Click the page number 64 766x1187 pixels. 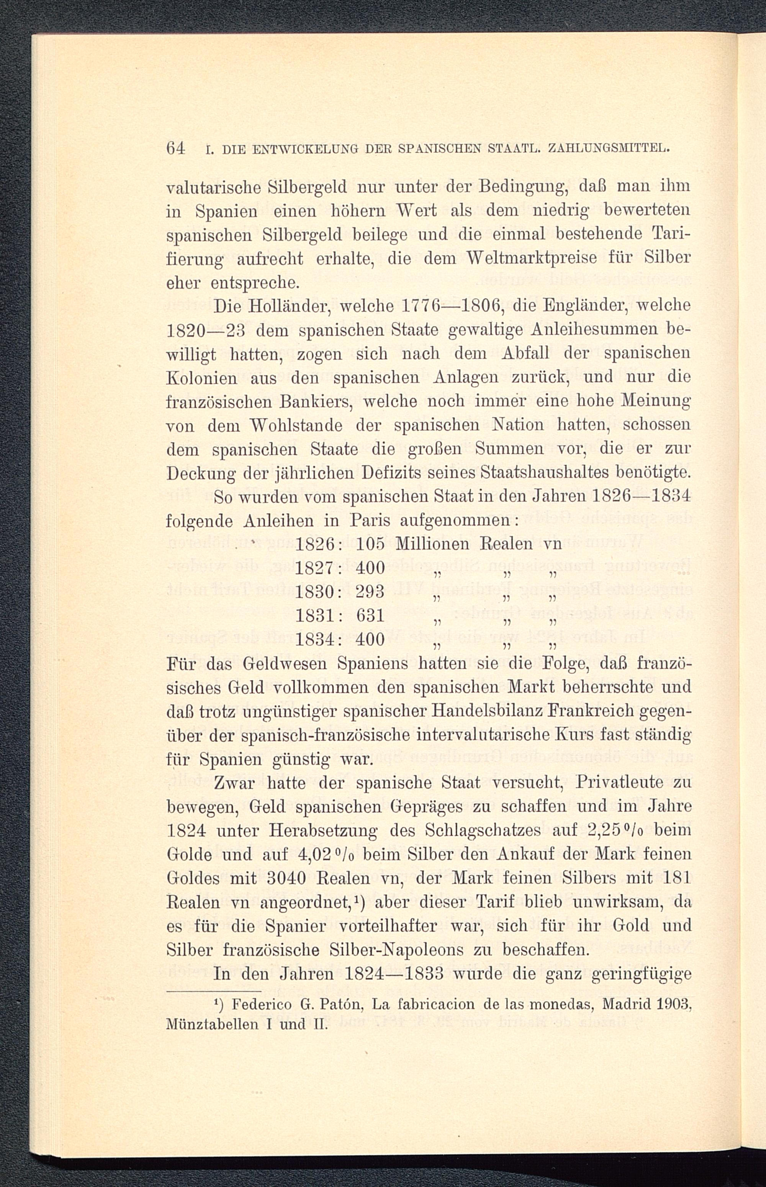176,149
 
